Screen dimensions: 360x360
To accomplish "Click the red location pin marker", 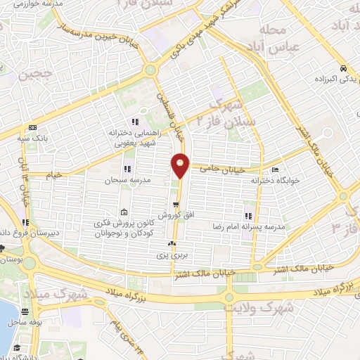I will click(x=180, y=165).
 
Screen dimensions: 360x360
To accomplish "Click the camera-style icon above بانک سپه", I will click(x=33, y=127).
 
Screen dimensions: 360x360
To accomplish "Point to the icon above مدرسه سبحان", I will click(x=127, y=169).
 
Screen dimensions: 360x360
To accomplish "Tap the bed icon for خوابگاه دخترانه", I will click(x=274, y=169).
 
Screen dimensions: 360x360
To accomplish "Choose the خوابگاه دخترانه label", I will click(x=276, y=181).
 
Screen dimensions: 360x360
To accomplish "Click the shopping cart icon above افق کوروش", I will click(x=165, y=204).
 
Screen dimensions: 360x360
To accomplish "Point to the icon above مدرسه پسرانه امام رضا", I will click(x=247, y=215).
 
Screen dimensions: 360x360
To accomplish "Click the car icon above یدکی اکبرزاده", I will click(x=342, y=69).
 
